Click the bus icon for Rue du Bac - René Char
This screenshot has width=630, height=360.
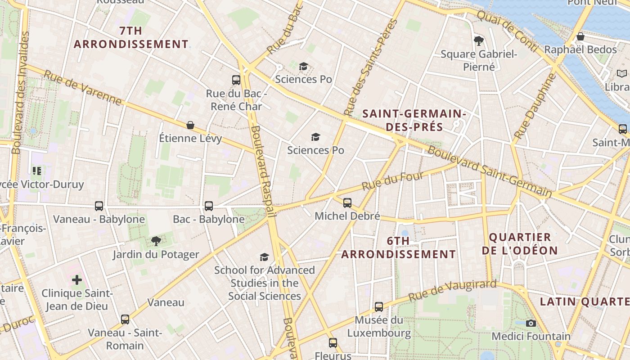coord(236,80)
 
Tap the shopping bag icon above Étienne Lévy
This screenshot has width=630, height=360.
coord(190,125)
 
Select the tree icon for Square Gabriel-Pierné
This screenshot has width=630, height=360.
coord(479,41)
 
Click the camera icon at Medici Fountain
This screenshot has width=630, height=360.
coord(531,323)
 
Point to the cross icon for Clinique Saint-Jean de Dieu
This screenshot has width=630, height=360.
coord(77,280)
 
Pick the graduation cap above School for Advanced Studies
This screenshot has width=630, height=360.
coord(264,257)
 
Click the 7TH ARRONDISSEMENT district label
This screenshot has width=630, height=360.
coord(131,38)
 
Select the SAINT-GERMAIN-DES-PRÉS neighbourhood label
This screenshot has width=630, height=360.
coord(414,120)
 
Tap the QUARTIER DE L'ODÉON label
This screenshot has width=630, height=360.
coord(520,244)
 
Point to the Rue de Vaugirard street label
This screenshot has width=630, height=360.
coord(452,291)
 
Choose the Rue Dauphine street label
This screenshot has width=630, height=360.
coord(535,106)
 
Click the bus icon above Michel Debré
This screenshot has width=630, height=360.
coord(347,203)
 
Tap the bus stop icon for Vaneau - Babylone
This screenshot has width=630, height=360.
coord(99,206)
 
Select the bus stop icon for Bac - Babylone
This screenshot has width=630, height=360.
coord(209,206)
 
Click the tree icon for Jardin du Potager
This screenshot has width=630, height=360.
coord(156,241)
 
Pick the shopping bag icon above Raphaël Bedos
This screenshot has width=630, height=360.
coord(580,36)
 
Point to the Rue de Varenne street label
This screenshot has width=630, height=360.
coord(83,87)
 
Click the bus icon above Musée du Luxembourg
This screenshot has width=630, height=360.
coord(379,307)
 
